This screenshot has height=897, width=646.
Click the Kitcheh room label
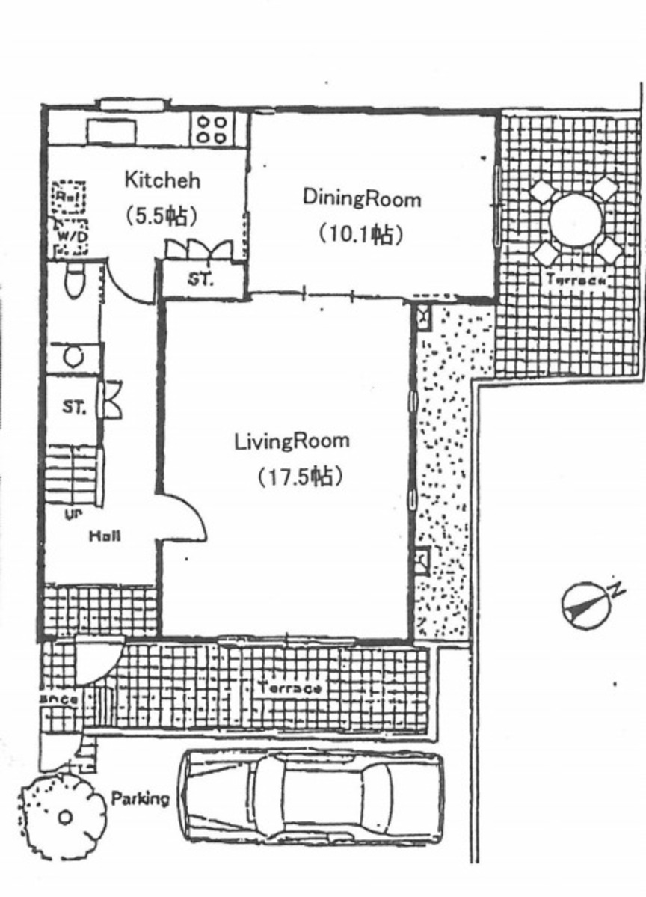(161, 180)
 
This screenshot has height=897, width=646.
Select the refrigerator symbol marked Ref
(68, 197)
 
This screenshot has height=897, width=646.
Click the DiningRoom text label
(361, 199)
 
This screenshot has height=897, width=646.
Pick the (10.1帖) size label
(361, 234)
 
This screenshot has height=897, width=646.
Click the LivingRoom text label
(292, 441)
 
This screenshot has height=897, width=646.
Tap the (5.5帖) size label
(161, 216)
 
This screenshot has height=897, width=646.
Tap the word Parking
(140, 798)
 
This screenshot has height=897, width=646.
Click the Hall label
(105, 536)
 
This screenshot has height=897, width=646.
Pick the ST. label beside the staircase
(73, 408)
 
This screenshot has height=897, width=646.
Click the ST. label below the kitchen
(200, 280)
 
